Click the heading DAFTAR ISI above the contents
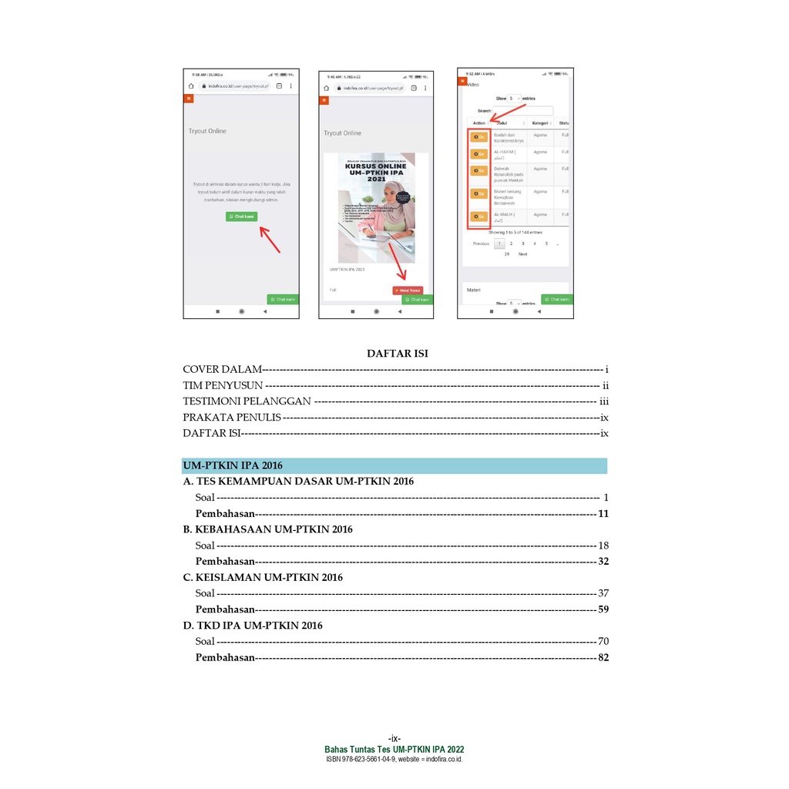click(x=397, y=354)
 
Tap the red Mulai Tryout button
click(x=408, y=290)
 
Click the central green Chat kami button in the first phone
click(x=241, y=217)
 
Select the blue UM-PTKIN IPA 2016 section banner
click(x=394, y=465)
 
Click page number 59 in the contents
click(x=603, y=609)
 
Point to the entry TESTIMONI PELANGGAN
click(x=247, y=401)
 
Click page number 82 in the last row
click(x=603, y=658)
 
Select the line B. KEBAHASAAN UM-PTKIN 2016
click(x=267, y=529)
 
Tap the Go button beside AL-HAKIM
click(x=478, y=154)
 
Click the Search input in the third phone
click(x=523, y=111)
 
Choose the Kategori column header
click(x=539, y=123)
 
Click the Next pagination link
click(x=522, y=254)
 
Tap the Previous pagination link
click(x=481, y=243)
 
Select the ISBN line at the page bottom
click(x=394, y=759)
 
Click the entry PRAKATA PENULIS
click(x=231, y=418)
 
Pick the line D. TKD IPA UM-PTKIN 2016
click(x=252, y=626)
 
